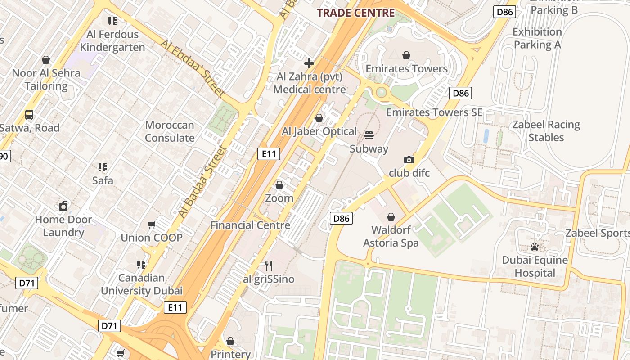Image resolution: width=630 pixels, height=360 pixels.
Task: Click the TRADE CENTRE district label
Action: pyautogui.click(x=355, y=13)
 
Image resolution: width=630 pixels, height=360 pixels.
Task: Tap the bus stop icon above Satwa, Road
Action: pyautogui.click(x=29, y=115)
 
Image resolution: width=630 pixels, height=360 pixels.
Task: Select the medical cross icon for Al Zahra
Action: pyautogui.click(x=309, y=63)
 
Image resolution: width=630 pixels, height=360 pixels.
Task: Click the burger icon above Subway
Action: pyautogui.click(x=369, y=135)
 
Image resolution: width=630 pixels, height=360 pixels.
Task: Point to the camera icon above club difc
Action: pyautogui.click(x=409, y=160)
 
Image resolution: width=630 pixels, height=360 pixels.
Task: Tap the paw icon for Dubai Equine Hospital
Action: pyautogui.click(x=535, y=247)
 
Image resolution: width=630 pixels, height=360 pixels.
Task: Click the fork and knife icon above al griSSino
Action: pyautogui.click(x=269, y=265)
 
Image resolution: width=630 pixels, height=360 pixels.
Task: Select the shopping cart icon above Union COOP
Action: pyautogui.click(x=152, y=225)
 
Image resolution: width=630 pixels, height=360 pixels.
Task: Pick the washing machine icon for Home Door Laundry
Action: pyautogui.click(x=63, y=206)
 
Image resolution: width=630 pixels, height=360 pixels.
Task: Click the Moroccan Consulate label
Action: pyautogui.click(x=170, y=131)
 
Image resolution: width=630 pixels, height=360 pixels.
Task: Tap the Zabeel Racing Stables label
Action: pyautogui.click(x=546, y=131)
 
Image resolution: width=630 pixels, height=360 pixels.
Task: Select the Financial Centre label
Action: pyautogui.click(x=250, y=225)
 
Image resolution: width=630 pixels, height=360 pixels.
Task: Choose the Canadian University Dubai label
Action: pyautogui.click(x=141, y=284)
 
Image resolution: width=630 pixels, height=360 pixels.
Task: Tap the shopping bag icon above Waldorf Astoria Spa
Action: pyautogui.click(x=391, y=217)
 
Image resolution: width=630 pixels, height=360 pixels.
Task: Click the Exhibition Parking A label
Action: pyautogui.click(x=537, y=38)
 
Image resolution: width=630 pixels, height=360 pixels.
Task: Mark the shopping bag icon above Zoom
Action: pyautogui.click(x=279, y=185)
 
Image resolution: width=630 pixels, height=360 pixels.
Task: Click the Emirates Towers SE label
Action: pyautogui.click(x=434, y=112)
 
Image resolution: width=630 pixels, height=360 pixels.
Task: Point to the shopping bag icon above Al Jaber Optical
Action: pyautogui.click(x=319, y=118)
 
